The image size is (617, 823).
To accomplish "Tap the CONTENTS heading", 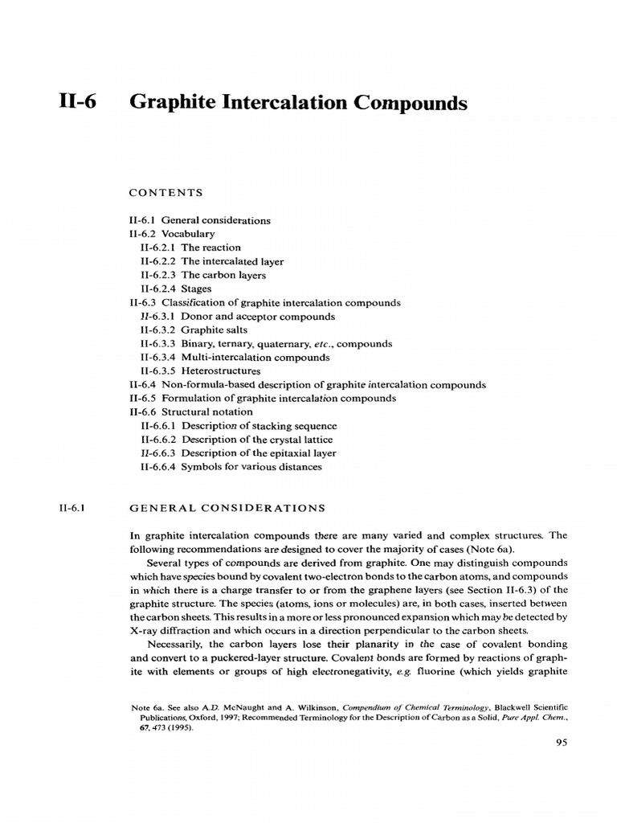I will pos(165,193).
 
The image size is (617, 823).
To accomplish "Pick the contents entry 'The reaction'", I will pos(190,247).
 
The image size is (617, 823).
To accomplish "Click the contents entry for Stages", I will pos(176,288).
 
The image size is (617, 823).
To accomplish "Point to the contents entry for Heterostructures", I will pos(201,371).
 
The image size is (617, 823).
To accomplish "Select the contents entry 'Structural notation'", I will pos(190,411).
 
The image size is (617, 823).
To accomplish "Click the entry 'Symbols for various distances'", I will pos(231,466).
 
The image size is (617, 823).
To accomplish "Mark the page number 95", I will pos(562,743).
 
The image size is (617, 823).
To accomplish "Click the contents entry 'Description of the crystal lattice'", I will pos(235,439).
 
